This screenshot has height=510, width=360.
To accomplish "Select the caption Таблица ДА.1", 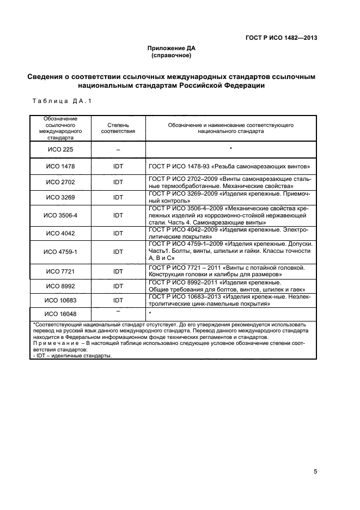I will tap(63, 101).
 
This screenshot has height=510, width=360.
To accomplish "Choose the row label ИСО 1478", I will tap(60, 167).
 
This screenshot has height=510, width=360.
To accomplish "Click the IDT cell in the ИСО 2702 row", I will tap(118, 181).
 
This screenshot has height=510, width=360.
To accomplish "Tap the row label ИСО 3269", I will tap(60, 197).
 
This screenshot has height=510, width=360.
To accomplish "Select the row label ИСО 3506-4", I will tap(60, 215).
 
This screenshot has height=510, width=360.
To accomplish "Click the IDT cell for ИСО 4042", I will tap(118, 233).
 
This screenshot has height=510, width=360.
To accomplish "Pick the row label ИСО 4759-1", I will tap(60, 252).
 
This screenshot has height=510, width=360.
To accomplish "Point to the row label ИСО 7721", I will tap(60, 271).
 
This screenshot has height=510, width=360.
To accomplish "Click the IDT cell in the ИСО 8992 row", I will tap(118, 286).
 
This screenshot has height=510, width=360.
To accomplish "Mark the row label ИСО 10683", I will tap(60, 300).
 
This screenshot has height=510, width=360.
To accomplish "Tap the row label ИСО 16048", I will tap(60, 314).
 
